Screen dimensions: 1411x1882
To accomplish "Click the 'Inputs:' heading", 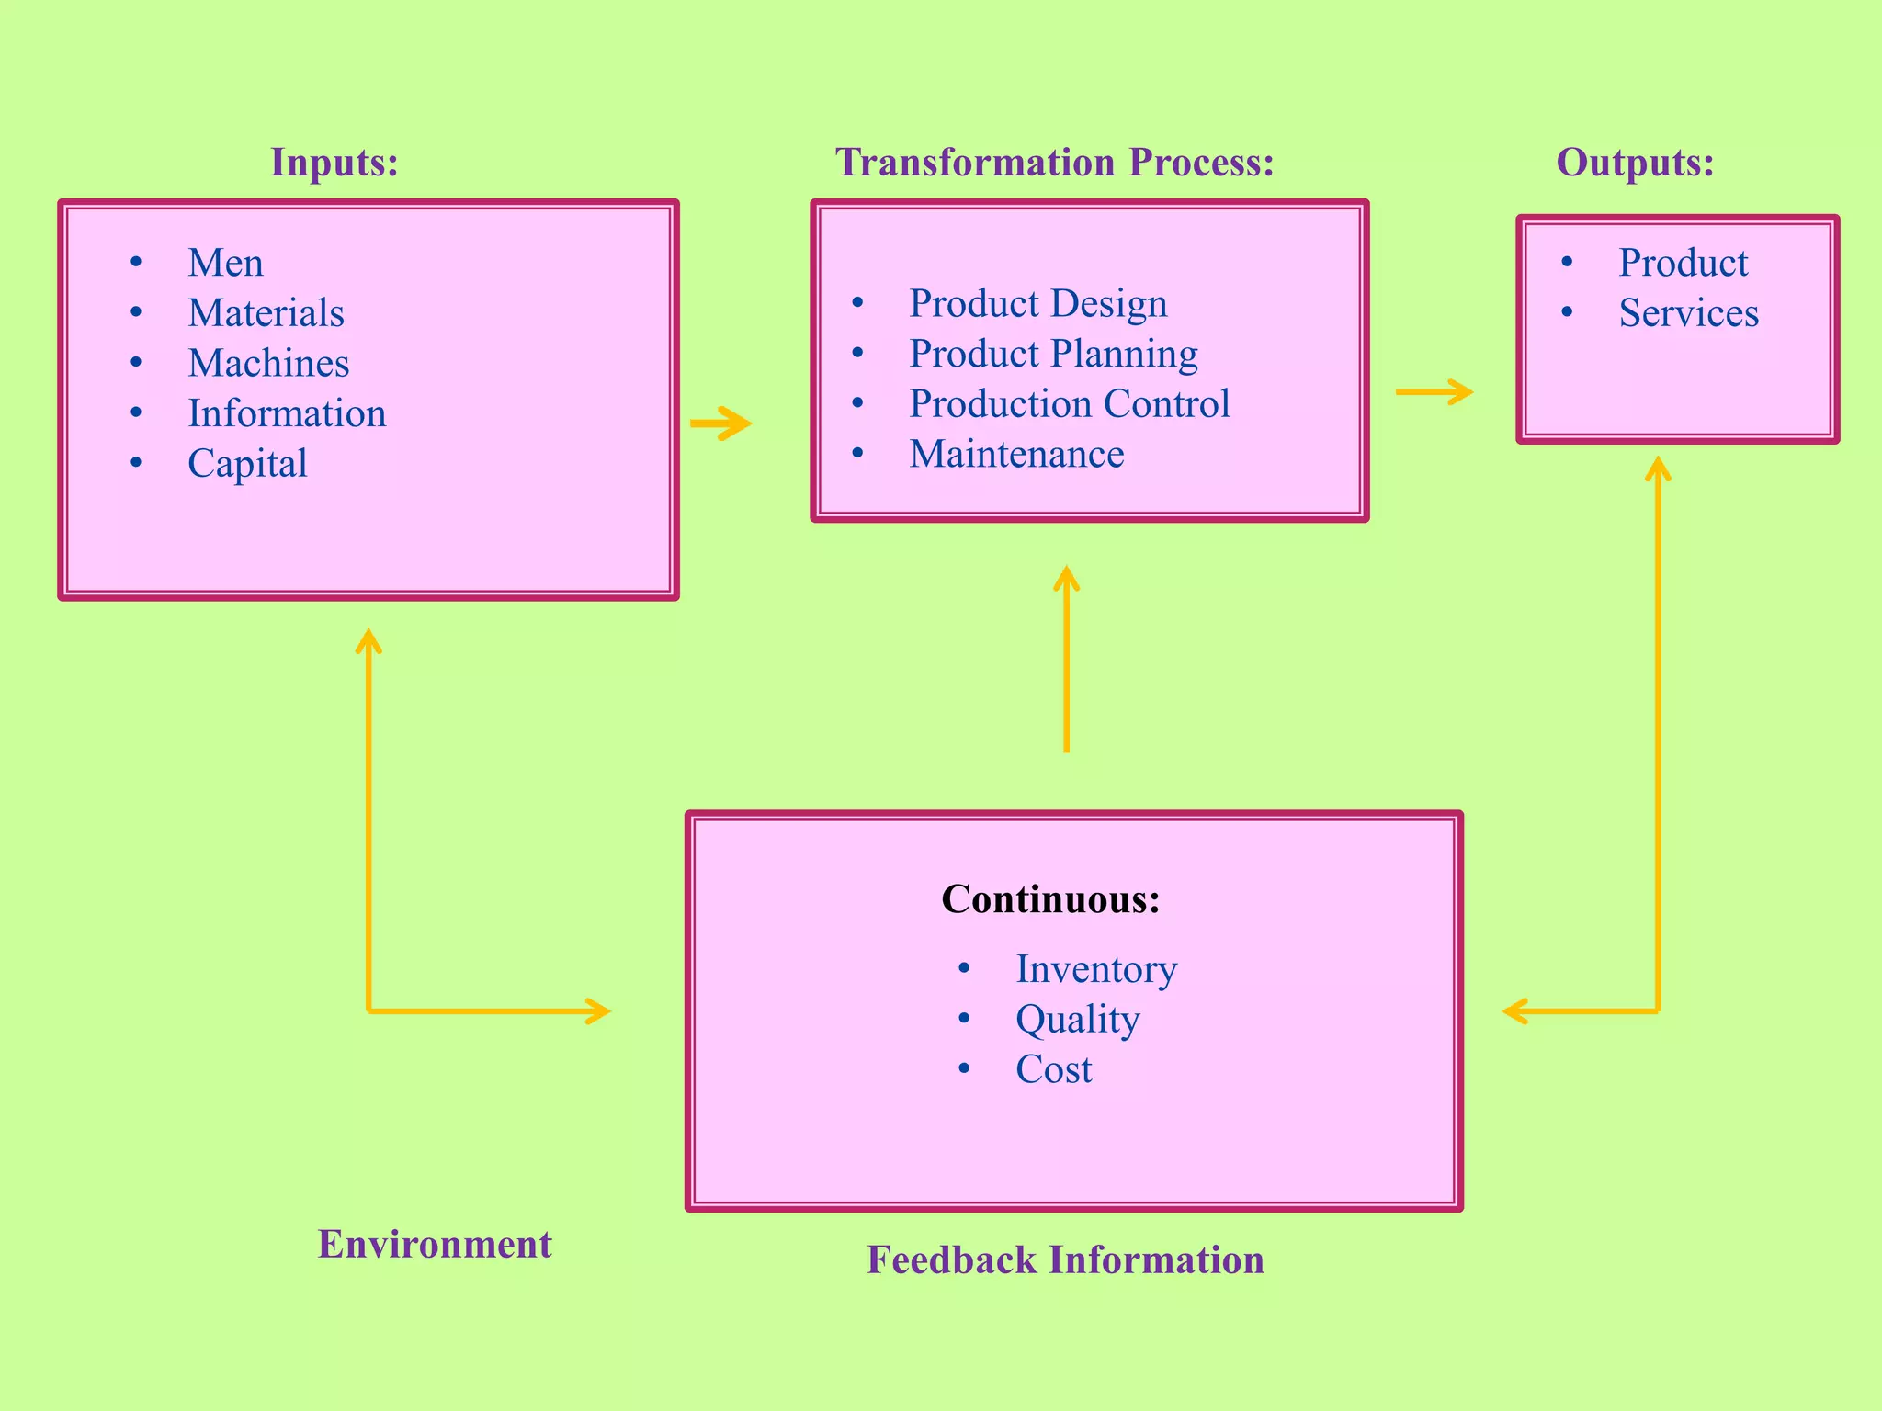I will click(x=334, y=163).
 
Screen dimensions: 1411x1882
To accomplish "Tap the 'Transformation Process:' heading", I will click(x=1054, y=163).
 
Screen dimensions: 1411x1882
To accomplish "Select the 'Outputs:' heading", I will click(x=1635, y=163).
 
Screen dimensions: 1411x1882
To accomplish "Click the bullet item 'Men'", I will click(x=225, y=263).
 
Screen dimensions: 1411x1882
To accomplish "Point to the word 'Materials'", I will click(x=266, y=313).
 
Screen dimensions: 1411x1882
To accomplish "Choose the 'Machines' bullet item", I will click(x=268, y=363).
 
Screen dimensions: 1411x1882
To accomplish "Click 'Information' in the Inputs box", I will click(x=287, y=413).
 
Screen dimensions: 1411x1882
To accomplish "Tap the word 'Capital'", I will click(x=247, y=463).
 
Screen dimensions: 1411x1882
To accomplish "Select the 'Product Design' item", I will click(x=1037, y=303).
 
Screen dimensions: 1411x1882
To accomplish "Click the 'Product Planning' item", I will click(x=1053, y=354).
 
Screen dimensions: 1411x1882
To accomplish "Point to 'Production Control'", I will click(x=1069, y=403).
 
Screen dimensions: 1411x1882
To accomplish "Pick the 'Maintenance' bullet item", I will click(x=1016, y=454).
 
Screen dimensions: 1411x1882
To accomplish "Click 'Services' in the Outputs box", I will click(x=1688, y=313).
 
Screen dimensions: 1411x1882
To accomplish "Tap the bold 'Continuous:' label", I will click(x=1050, y=898).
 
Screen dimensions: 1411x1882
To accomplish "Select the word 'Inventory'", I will click(x=1095, y=969).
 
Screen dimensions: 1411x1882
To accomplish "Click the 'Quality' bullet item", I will click(x=1077, y=1020).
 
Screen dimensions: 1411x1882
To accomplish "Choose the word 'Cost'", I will click(x=1053, y=1069).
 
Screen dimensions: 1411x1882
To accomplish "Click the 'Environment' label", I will click(x=435, y=1244).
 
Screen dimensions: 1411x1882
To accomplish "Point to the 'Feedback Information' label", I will click(x=1065, y=1259).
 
